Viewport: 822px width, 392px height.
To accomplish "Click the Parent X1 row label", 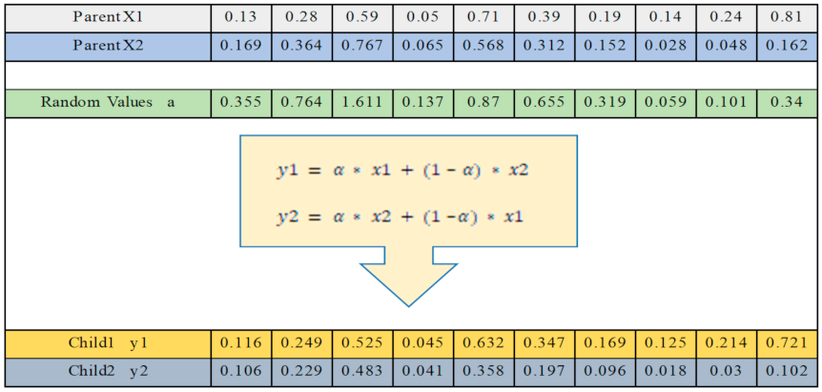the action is click(108, 16).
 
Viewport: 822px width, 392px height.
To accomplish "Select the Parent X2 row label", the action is click(108, 46).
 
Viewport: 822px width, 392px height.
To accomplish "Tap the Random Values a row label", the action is click(108, 103).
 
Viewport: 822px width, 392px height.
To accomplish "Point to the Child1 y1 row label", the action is click(108, 342).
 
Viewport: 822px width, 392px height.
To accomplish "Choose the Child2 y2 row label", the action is click(108, 371).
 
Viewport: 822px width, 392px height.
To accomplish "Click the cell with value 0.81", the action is click(787, 16).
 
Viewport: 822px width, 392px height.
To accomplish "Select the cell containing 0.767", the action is click(363, 46).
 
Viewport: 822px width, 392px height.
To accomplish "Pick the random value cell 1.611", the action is click(363, 103).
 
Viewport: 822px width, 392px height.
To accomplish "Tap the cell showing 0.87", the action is click(483, 103).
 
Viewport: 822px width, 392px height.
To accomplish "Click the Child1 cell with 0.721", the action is click(787, 342).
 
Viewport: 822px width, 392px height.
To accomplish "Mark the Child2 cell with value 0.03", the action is click(727, 371).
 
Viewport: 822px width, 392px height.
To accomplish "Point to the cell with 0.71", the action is click(483, 16).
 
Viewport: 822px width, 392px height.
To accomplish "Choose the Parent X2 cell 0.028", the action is click(666, 46).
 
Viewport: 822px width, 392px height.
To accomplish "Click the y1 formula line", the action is click(401, 171).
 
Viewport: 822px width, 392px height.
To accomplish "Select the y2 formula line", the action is click(401, 217).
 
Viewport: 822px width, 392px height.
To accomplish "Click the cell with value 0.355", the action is click(242, 103).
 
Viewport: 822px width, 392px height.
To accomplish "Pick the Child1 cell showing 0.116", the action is click(242, 342).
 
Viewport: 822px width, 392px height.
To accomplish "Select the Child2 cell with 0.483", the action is click(363, 371).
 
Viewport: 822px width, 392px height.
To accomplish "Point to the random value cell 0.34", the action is click(787, 103).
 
